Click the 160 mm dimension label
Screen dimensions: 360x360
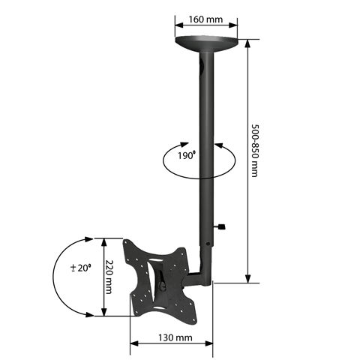pyautogui.click(x=205, y=19)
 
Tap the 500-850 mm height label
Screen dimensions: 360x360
pyautogui.click(x=255, y=151)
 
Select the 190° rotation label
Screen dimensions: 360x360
pyautogui.click(x=187, y=155)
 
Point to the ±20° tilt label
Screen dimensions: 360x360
pyautogui.click(x=80, y=268)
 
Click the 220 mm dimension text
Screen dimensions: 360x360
pyautogui.click(x=109, y=277)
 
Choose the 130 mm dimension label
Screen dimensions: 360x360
pyautogui.click(x=175, y=338)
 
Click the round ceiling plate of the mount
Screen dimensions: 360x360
pyautogui.click(x=206, y=43)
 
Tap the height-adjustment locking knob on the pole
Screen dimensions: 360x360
pyautogui.click(x=220, y=226)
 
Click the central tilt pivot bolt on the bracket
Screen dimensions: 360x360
pyautogui.click(x=163, y=285)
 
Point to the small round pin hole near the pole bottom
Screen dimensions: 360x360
pyautogui.click(x=208, y=243)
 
